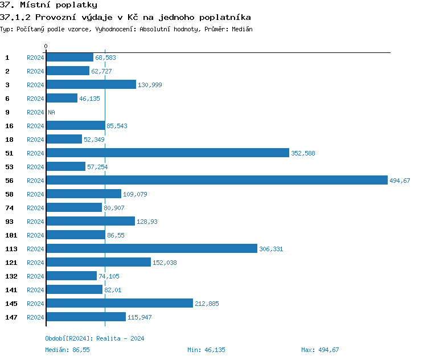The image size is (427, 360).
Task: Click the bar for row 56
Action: [x=216, y=180]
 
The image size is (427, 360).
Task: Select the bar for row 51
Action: [x=167, y=153]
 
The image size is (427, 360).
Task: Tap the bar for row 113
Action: [x=151, y=248]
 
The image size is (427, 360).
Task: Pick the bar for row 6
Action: [x=61, y=98]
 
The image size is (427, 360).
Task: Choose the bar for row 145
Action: [x=120, y=303]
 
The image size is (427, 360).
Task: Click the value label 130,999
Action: [x=150, y=85]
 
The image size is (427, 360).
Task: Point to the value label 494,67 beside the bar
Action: [x=400, y=181]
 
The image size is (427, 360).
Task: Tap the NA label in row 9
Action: [x=51, y=112]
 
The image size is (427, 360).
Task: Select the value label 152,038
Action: [x=165, y=263]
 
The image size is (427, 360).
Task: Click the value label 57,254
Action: [x=97, y=167]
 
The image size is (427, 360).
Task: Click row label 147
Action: [x=11, y=317]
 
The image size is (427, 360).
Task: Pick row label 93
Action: [x=9, y=222]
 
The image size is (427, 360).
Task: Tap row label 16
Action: [x=9, y=126]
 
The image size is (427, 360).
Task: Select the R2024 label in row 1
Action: [x=35, y=58]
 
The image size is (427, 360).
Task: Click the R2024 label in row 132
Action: [x=35, y=276]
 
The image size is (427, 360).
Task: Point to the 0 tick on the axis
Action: [x=46, y=46]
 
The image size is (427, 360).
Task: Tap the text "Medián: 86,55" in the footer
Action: [x=67, y=350]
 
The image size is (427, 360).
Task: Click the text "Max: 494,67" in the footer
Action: [x=320, y=350]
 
